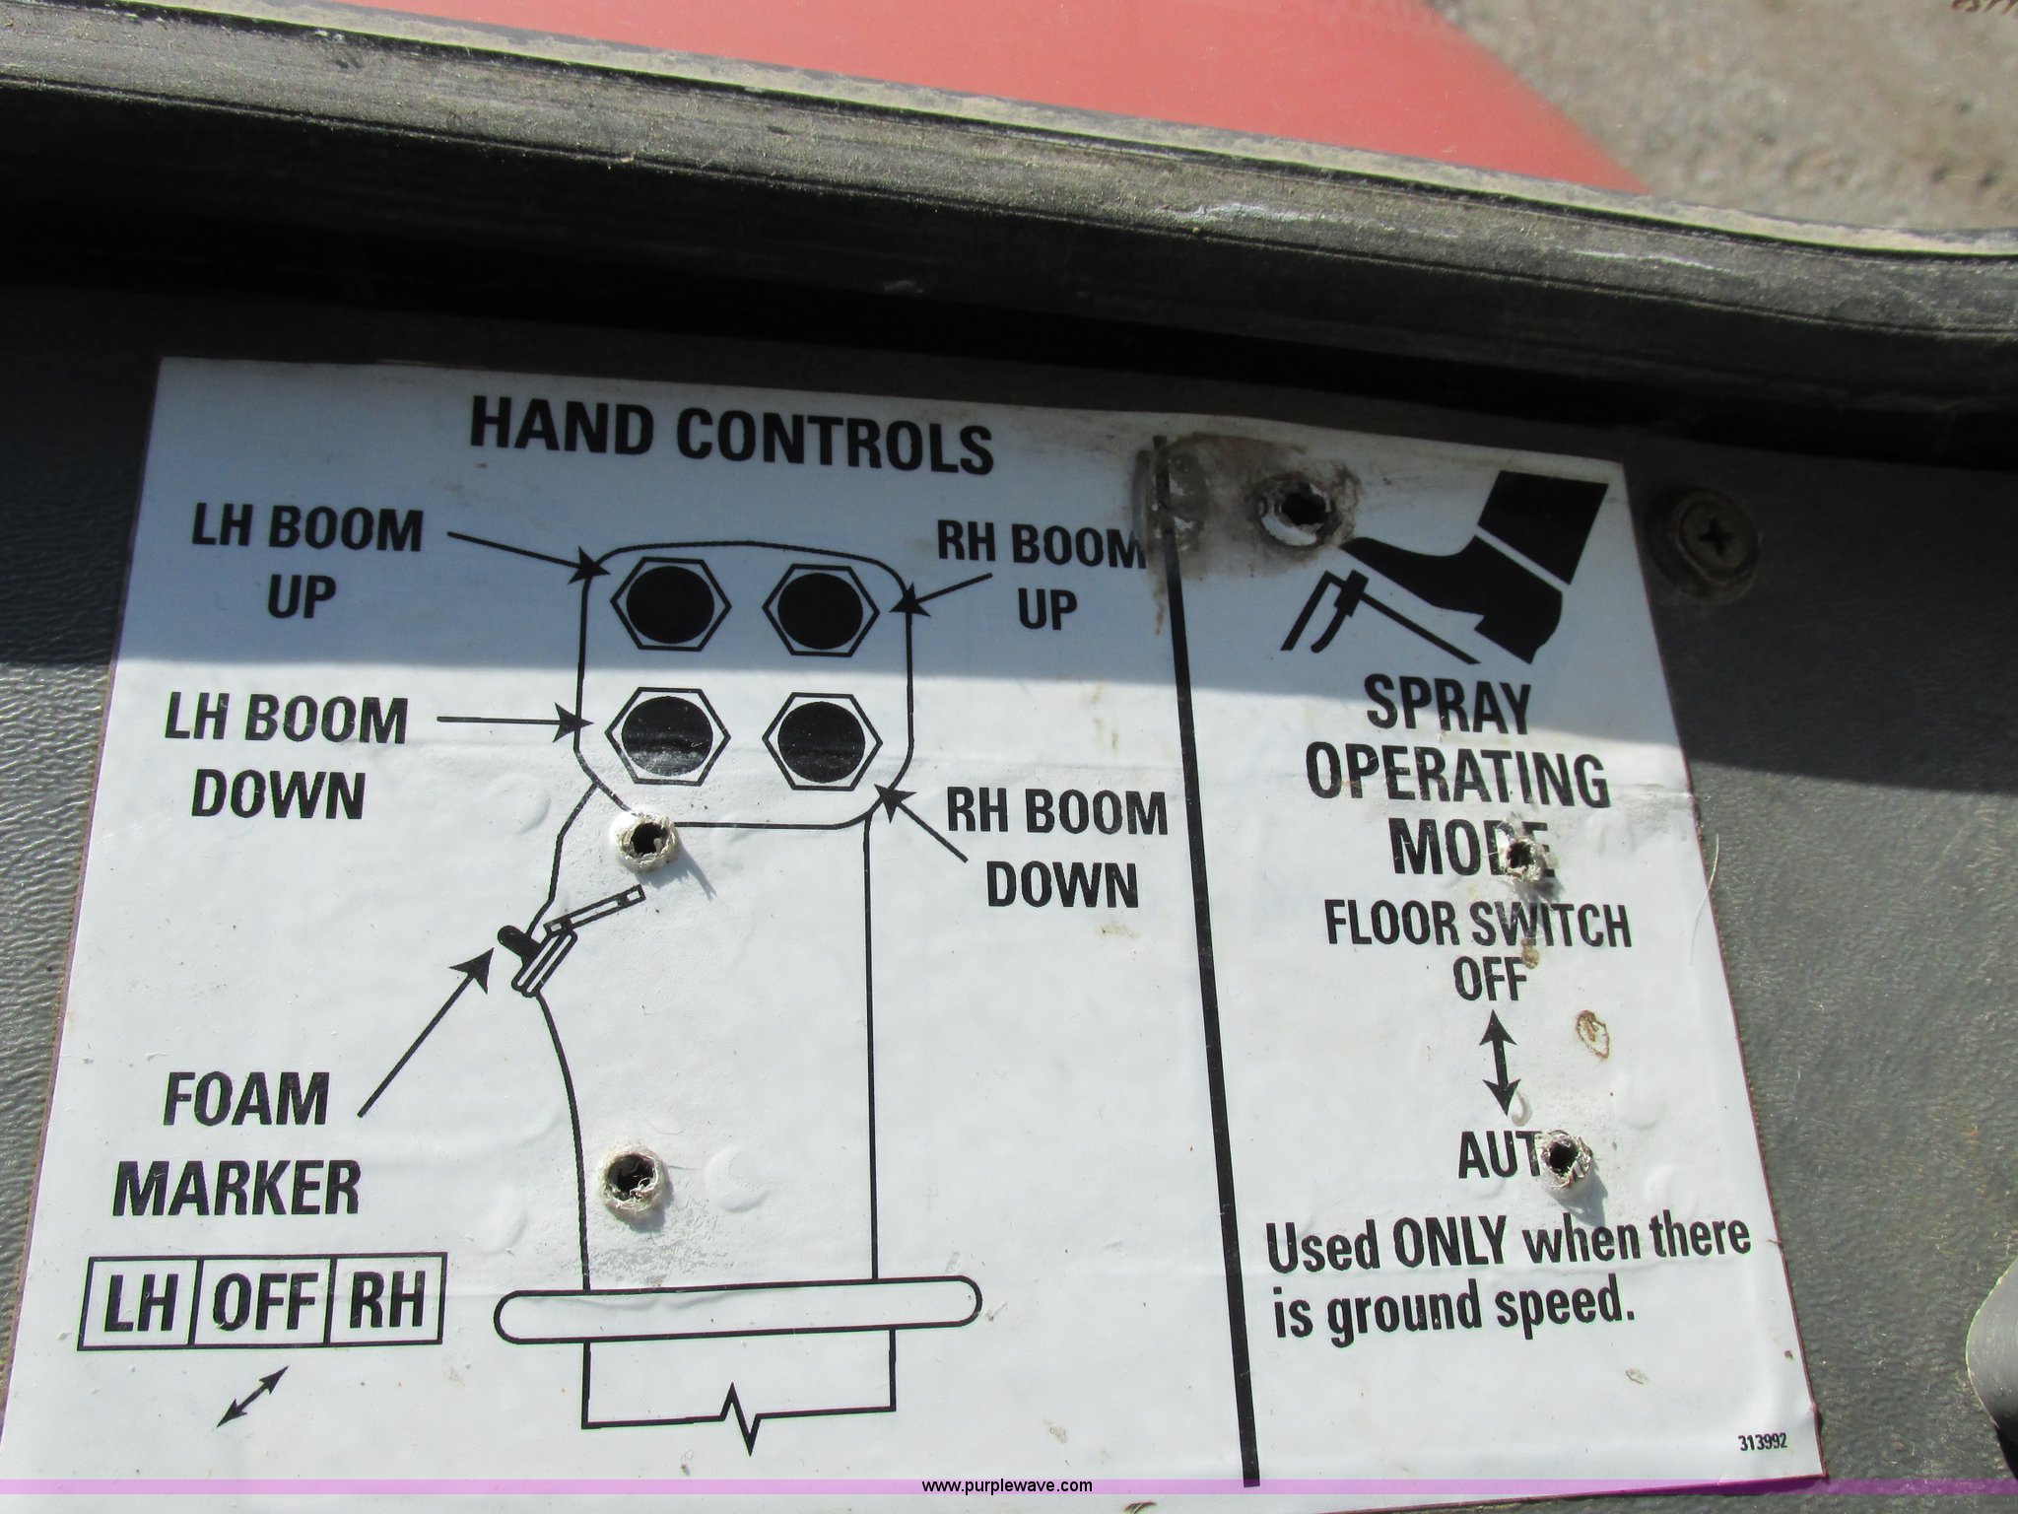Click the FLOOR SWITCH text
pyautogui.click(x=1476, y=927)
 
